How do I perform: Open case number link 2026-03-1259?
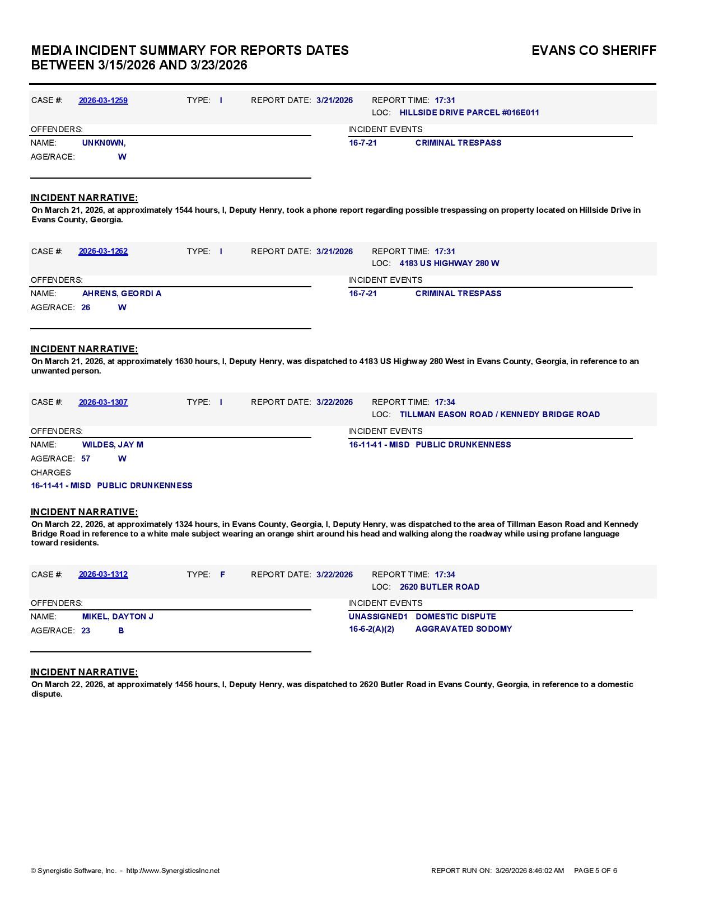(103, 100)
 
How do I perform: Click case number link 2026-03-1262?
(103, 251)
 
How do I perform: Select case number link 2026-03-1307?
(103, 402)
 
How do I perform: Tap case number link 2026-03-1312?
(103, 575)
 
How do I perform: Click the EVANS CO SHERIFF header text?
(594, 50)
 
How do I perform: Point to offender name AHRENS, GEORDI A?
(122, 293)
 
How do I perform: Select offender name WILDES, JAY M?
(113, 445)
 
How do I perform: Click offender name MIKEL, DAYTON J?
(118, 617)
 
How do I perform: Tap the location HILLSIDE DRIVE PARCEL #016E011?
(469, 113)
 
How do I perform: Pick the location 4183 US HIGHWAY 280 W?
(449, 263)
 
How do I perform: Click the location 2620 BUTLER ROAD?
(440, 587)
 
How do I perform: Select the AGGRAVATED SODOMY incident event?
(464, 629)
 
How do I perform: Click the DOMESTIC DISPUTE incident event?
(456, 617)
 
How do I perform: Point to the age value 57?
(86, 459)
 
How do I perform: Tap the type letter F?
(222, 575)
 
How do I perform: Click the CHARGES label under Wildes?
(50, 473)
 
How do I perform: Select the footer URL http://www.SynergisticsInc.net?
(173, 871)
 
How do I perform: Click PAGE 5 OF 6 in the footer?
(595, 871)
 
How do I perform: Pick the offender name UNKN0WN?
(104, 143)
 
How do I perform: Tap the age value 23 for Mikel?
(86, 631)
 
